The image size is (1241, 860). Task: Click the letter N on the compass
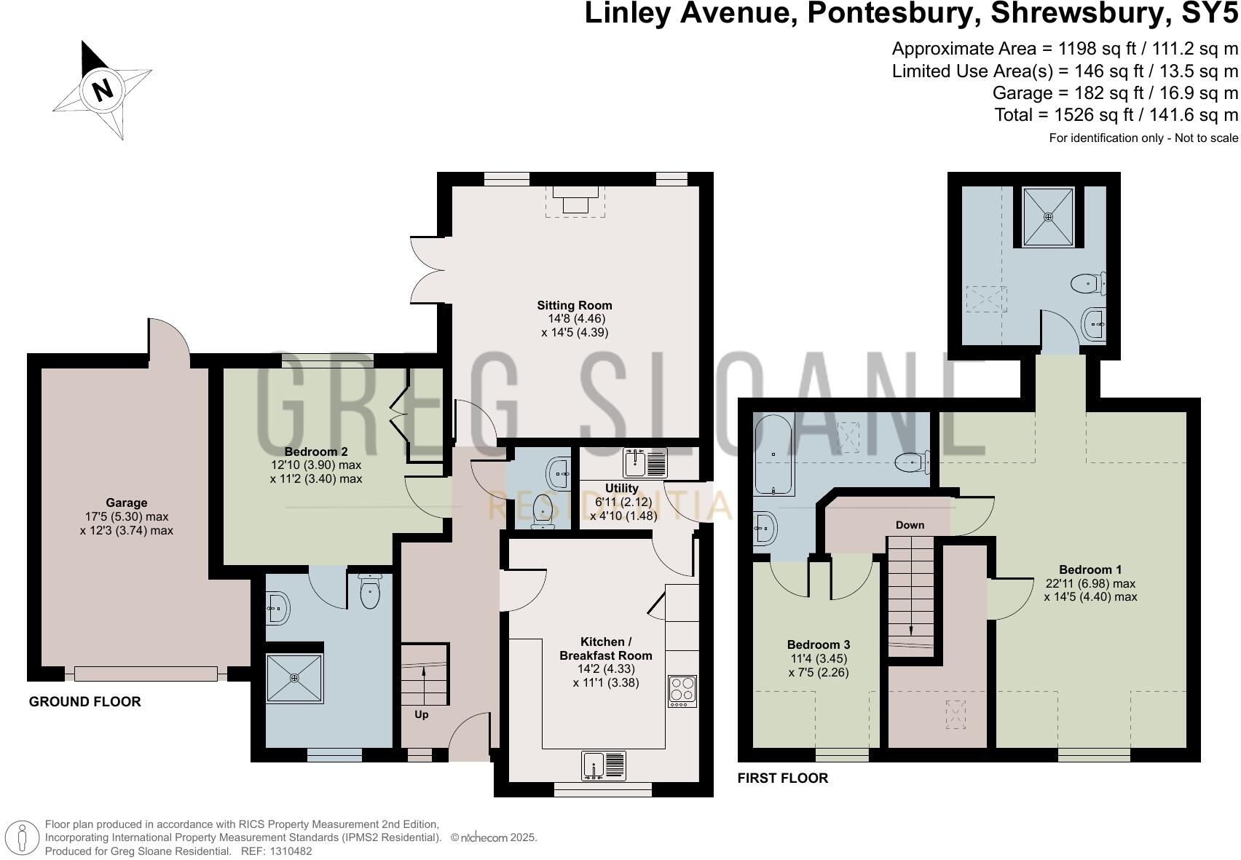103,90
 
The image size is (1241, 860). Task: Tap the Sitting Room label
575,305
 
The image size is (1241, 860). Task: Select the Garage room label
126,502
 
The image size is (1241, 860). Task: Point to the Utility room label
621,488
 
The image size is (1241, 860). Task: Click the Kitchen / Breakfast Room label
605,648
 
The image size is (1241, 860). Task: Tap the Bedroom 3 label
818,644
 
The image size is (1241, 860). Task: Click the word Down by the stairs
910,524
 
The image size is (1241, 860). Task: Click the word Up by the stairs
421,714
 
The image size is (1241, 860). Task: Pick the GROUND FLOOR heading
84,702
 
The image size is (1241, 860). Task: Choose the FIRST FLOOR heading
782,778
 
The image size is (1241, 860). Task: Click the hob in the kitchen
682,691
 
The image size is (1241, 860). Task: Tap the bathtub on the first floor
773,454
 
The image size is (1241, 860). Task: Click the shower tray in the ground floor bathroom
294,678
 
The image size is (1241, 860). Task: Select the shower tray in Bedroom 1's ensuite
1049,216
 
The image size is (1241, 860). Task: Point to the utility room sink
645,463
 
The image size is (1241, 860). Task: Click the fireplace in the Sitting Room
575,199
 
